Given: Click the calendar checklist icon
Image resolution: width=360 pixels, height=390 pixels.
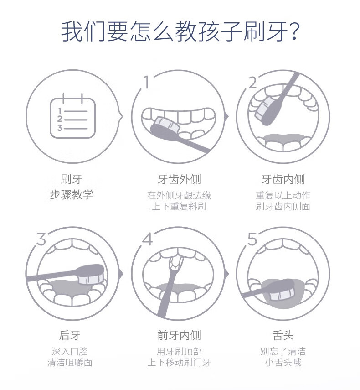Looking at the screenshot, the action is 72,116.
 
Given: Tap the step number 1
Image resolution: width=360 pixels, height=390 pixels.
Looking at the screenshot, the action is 147,82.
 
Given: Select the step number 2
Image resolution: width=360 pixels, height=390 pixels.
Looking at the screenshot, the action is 252,83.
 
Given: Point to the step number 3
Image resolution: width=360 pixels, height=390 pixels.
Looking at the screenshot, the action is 41,238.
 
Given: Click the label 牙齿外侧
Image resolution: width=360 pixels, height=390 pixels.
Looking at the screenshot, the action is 179,179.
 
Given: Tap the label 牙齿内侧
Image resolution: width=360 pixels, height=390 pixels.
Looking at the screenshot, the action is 283,179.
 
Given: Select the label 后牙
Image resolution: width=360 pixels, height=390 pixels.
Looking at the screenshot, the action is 70,335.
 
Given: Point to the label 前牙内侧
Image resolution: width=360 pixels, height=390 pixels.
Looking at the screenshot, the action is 179,335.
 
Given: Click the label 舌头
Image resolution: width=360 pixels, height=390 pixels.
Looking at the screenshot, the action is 283,335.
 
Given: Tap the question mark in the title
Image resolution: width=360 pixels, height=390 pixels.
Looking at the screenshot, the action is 294,31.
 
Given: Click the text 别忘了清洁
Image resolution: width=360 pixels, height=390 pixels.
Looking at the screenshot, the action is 283,351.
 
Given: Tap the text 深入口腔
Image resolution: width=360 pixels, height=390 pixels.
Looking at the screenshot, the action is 70,351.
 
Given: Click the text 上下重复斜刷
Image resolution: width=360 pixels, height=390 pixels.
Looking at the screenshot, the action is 179,206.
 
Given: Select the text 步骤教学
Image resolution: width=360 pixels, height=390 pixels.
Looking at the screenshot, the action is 72,194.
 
